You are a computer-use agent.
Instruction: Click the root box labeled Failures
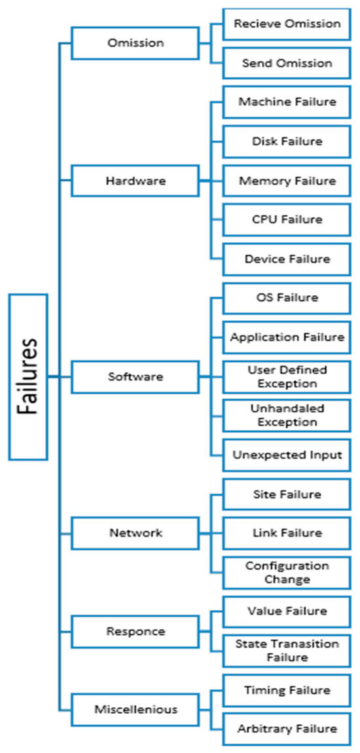click(x=28, y=377)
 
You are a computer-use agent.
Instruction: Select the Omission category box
click(x=135, y=43)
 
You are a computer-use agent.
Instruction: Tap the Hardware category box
click(x=135, y=181)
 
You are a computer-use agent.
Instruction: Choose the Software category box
click(x=135, y=376)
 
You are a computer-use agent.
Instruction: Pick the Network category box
click(x=135, y=533)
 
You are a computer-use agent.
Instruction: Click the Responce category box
click(x=135, y=631)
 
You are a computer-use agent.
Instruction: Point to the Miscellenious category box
click(x=135, y=709)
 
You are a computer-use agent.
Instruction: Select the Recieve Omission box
click(x=287, y=24)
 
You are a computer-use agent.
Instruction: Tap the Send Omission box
click(x=287, y=63)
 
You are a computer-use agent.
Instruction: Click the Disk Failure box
click(x=287, y=141)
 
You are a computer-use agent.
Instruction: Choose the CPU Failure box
click(x=287, y=219)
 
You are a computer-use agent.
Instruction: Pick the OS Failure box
click(x=287, y=298)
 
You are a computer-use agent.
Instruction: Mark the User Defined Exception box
click(x=287, y=376)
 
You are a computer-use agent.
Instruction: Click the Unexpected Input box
click(x=287, y=455)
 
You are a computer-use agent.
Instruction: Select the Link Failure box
click(x=287, y=533)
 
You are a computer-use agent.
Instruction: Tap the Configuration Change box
click(x=287, y=572)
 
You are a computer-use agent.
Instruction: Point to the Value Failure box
click(x=287, y=612)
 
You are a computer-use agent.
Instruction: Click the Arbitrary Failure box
click(x=287, y=729)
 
